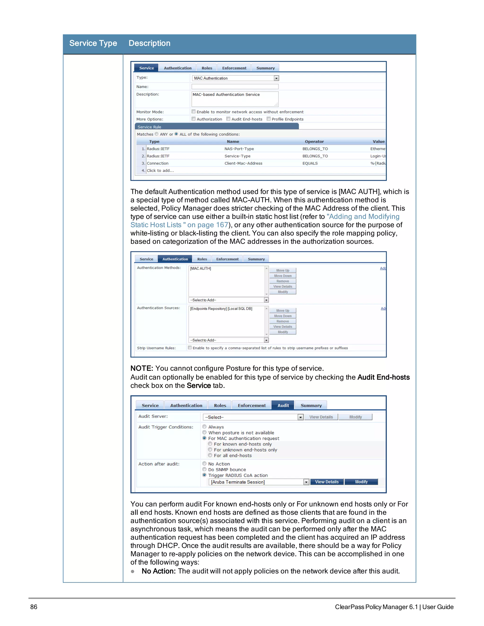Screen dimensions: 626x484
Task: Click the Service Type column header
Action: coord(93,43)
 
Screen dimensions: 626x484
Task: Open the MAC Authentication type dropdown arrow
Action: coord(276,78)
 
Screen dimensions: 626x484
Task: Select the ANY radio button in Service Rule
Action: coord(156,134)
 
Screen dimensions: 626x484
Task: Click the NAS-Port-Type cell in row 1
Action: coord(239,149)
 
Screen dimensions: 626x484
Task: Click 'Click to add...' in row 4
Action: coord(160,171)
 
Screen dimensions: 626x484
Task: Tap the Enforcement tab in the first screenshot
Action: coord(234,68)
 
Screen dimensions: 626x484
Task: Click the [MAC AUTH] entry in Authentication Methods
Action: coord(200,269)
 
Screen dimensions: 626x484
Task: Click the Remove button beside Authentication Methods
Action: coord(282,281)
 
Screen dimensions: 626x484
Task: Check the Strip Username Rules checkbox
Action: coord(190,348)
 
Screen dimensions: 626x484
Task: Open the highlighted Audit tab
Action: coord(283,405)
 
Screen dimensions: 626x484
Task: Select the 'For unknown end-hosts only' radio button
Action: coord(210,450)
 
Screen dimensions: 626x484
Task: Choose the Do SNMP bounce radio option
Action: coord(204,469)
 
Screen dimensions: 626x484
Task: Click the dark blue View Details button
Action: coord(327,482)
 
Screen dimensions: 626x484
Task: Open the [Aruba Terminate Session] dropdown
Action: coord(306,482)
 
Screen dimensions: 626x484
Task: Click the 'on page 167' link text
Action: coord(207,225)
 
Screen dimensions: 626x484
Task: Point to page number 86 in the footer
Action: coord(34,607)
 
